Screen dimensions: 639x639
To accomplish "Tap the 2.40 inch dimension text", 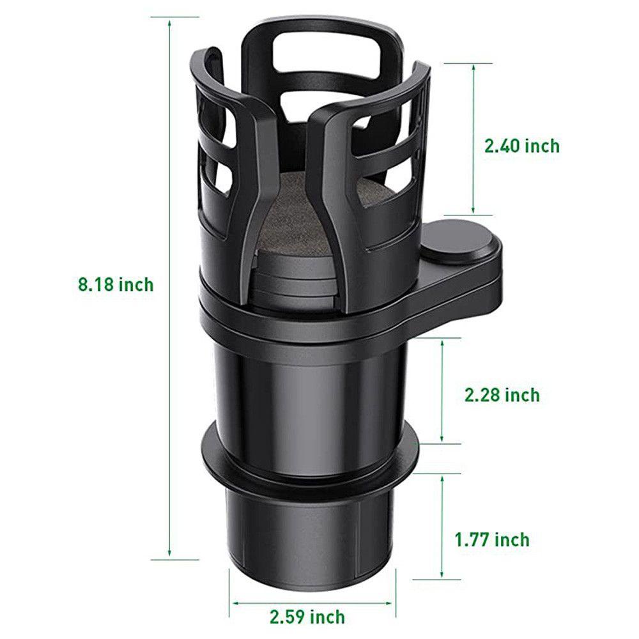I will (x=521, y=146).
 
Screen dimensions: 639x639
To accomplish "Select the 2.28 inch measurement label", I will (x=502, y=394).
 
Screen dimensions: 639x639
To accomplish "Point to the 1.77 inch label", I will (x=492, y=539).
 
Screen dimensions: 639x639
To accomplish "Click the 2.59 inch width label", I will (x=307, y=617).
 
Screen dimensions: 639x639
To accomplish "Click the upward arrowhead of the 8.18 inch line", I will (x=170, y=22).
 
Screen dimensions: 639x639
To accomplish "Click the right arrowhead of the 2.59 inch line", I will (x=391, y=602).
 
